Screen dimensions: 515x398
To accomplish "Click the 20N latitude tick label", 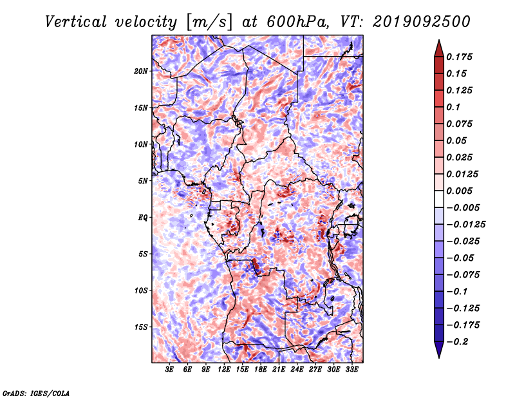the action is tap(141, 71).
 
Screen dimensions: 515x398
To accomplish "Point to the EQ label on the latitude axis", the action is tap(143, 218).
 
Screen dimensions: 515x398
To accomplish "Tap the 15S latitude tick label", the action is tap(141, 327).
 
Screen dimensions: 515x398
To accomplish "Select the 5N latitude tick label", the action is tap(143, 181).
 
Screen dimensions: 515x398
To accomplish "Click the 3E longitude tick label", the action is tap(169, 370).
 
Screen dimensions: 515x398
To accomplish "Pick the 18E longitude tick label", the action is tap(261, 370).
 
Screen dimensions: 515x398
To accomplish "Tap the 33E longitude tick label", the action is tap(351, 370).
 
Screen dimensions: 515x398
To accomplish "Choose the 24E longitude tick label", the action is tap(297, 370).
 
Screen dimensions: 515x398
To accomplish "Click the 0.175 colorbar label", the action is tap(459, 57).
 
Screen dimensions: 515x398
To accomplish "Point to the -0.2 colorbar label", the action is tap(457, 342).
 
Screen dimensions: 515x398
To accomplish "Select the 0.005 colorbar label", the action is tap(459, 191).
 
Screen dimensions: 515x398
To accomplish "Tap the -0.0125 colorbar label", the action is tap(465, 225).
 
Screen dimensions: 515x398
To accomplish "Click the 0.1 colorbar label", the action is tap(453, 107).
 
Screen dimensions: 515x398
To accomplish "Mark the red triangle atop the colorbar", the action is tap(439, 48).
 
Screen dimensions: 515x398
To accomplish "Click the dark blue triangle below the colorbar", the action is tap(439, 350).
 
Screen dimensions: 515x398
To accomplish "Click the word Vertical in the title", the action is tap(76, 22).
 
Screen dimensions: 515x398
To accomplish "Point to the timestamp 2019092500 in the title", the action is tap(422, 22).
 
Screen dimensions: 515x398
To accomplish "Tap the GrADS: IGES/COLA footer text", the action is tap(36, 393).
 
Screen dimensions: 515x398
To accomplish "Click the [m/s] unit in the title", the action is tap(209, 23).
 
